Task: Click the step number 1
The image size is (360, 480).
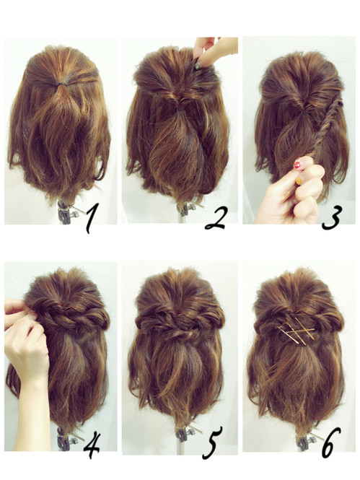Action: click(90, 219)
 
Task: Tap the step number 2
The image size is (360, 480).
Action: click(216, 218)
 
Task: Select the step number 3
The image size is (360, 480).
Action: click(330, 218)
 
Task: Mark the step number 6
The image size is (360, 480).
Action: click(331, 442)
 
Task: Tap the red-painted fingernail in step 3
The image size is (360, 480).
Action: click(297, 165)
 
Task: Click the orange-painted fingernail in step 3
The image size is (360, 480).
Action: click(299, 181)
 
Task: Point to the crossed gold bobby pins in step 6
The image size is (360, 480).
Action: click(296, 331)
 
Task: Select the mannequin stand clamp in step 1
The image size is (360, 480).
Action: click(66, 211)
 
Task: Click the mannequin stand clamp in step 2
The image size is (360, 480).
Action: click(185, 209)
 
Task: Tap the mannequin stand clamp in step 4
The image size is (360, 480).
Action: click(66, 440)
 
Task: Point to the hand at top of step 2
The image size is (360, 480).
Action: click(215, 51)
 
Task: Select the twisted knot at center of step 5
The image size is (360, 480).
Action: click(181, 333)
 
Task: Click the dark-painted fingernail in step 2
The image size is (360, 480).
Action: click(198, 64)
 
